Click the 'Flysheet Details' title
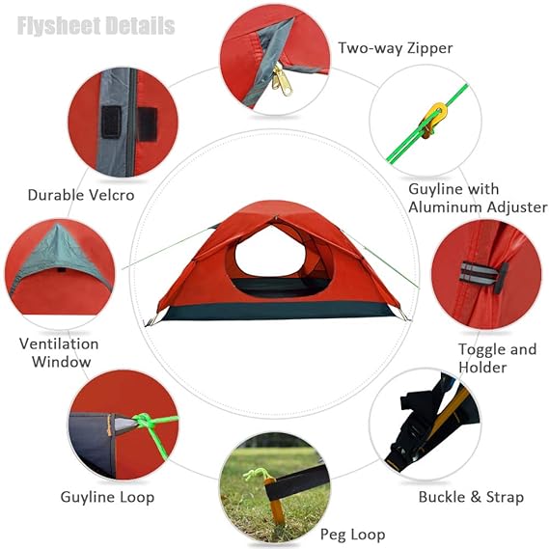pos(96,26)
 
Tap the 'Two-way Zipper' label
pos(396,48)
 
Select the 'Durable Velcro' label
pos(81,195)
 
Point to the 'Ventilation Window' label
pos(59,352)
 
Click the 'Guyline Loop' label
pos(107,498)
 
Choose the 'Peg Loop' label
pos(352,535)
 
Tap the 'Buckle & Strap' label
pos(471,497)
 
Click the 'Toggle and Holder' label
pos(497,358)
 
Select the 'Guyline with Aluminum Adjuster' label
pos(478,198)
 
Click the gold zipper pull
pos(282,80)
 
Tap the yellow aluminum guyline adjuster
pos(433,119)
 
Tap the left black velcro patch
pos(111,122)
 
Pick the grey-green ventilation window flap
pos(60,253)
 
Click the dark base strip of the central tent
pos(278,311)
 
